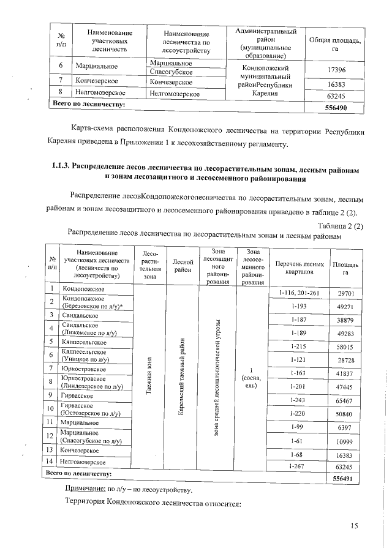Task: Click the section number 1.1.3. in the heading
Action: point(60,167)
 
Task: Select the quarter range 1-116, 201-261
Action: point(299,294)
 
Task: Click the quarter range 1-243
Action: point(299,400)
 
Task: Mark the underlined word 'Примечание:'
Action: point(85,490)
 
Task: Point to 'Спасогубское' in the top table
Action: point(170,72)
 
